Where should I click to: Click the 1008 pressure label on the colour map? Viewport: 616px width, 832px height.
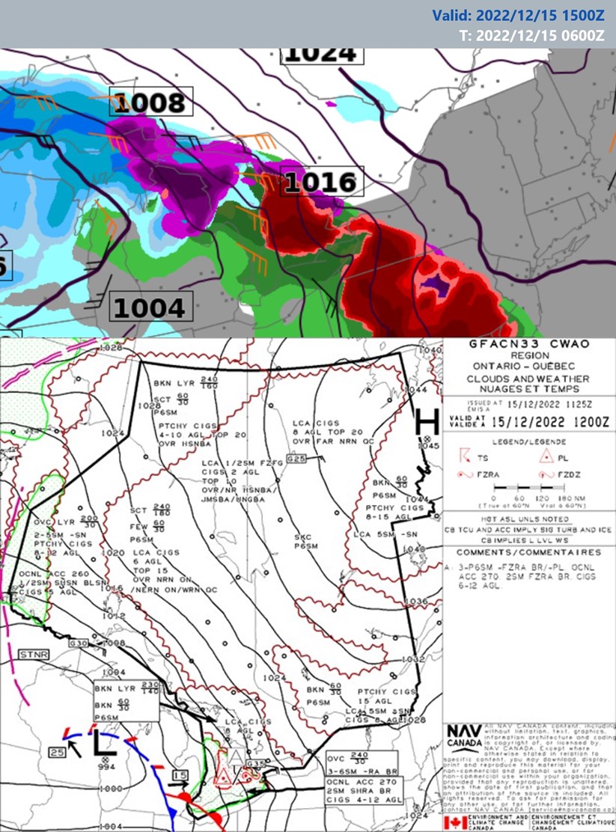150,102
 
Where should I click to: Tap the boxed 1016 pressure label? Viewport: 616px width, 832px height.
320,182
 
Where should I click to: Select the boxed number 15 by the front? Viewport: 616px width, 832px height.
179,774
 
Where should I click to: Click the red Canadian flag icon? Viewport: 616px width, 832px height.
454,822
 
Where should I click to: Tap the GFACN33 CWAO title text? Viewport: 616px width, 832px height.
528,344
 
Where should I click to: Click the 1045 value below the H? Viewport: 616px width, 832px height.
430,447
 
